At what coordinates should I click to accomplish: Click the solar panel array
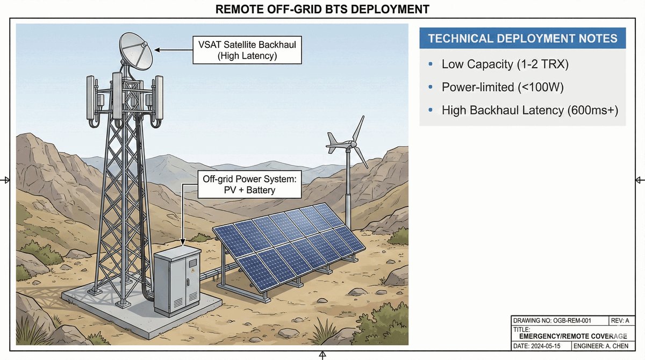coord(290,244)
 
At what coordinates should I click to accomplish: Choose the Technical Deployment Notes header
coord(522,39)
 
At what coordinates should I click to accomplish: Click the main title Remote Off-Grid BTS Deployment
coord(322,9)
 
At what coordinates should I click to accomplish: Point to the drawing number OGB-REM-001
coord(552,321)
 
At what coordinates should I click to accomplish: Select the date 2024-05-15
coord(538,347)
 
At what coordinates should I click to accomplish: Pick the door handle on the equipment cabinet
coord(189,281)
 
